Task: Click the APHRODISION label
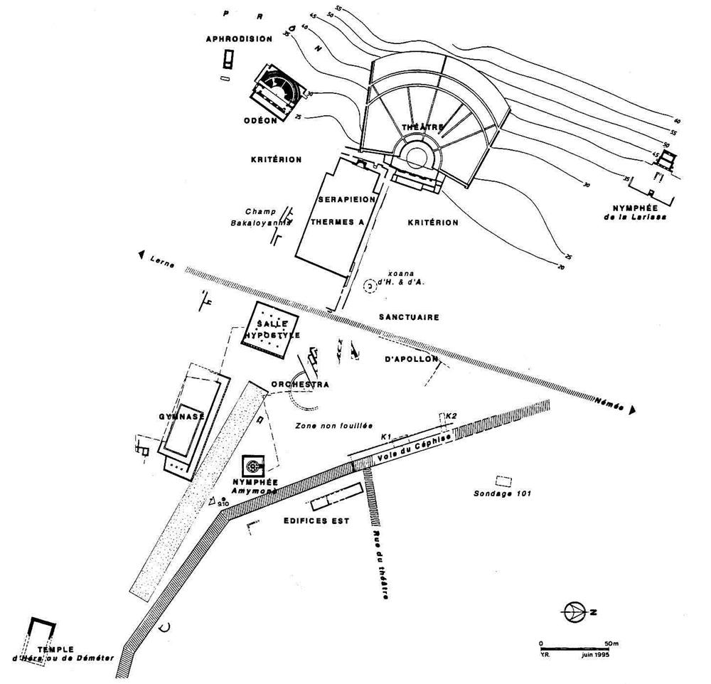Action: pyautogui.click(x=239, y=39)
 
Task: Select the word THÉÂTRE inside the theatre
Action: pyautogui.click(x=423, y=127)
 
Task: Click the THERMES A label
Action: pyautogui.click(x=338, y=222)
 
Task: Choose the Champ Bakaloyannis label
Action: pyautogui.click(x=264, y=217)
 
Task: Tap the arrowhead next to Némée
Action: pyautogui.click(x=632, y=410)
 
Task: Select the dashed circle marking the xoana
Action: pyautogui.click(x=370, y=285)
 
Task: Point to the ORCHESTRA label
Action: pyautogui.click(x=299, y=385)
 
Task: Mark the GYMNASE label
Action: pyautogui.click(x=181, y=417)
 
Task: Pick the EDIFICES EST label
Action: pyautogui.click(x=316, y=520)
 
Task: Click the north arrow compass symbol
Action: pyautogui.click(x=572, y=611)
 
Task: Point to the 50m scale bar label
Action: pyautogui.click(x=611, y=643)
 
